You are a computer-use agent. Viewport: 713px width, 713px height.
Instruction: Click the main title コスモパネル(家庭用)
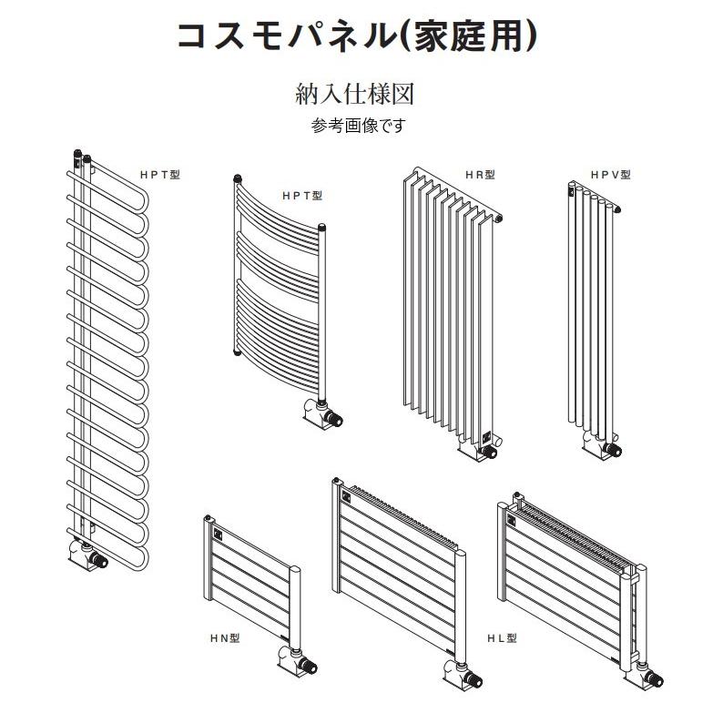357,36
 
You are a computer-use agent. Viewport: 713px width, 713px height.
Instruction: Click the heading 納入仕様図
355,94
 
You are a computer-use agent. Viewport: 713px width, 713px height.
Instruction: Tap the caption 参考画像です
358,126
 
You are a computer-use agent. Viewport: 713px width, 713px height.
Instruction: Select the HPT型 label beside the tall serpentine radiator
160,175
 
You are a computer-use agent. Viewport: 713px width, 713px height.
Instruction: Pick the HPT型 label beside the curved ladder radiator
302,196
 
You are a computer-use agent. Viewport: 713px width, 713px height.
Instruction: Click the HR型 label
480,175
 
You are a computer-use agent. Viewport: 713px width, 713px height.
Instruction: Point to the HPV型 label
611,175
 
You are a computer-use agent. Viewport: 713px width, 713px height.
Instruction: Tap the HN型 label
225,638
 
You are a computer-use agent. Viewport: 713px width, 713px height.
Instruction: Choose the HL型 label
502,638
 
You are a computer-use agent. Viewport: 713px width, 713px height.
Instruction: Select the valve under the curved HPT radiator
324,413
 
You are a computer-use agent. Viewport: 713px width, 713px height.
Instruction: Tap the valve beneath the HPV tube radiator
603,447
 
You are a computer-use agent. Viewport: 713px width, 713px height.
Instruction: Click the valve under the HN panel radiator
298,663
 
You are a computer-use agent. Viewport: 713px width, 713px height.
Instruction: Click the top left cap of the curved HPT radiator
238,178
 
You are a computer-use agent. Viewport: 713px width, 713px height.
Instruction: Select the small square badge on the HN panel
218,532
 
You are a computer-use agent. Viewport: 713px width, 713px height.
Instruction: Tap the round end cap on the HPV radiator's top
617,209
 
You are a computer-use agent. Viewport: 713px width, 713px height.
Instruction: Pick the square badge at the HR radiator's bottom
486,437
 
